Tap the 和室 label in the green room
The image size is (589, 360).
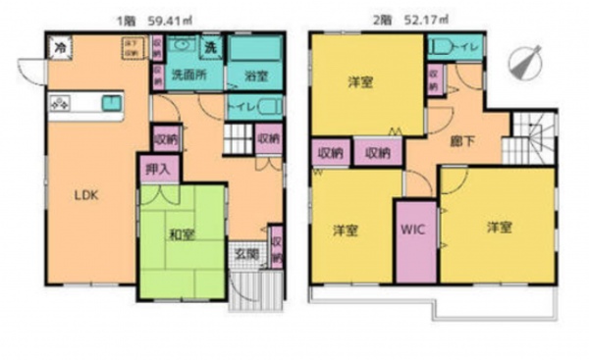(178, 233)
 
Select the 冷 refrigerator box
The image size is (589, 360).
(61, 45)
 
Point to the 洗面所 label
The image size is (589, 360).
(184, 73)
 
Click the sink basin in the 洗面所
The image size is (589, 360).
(180, 46)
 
